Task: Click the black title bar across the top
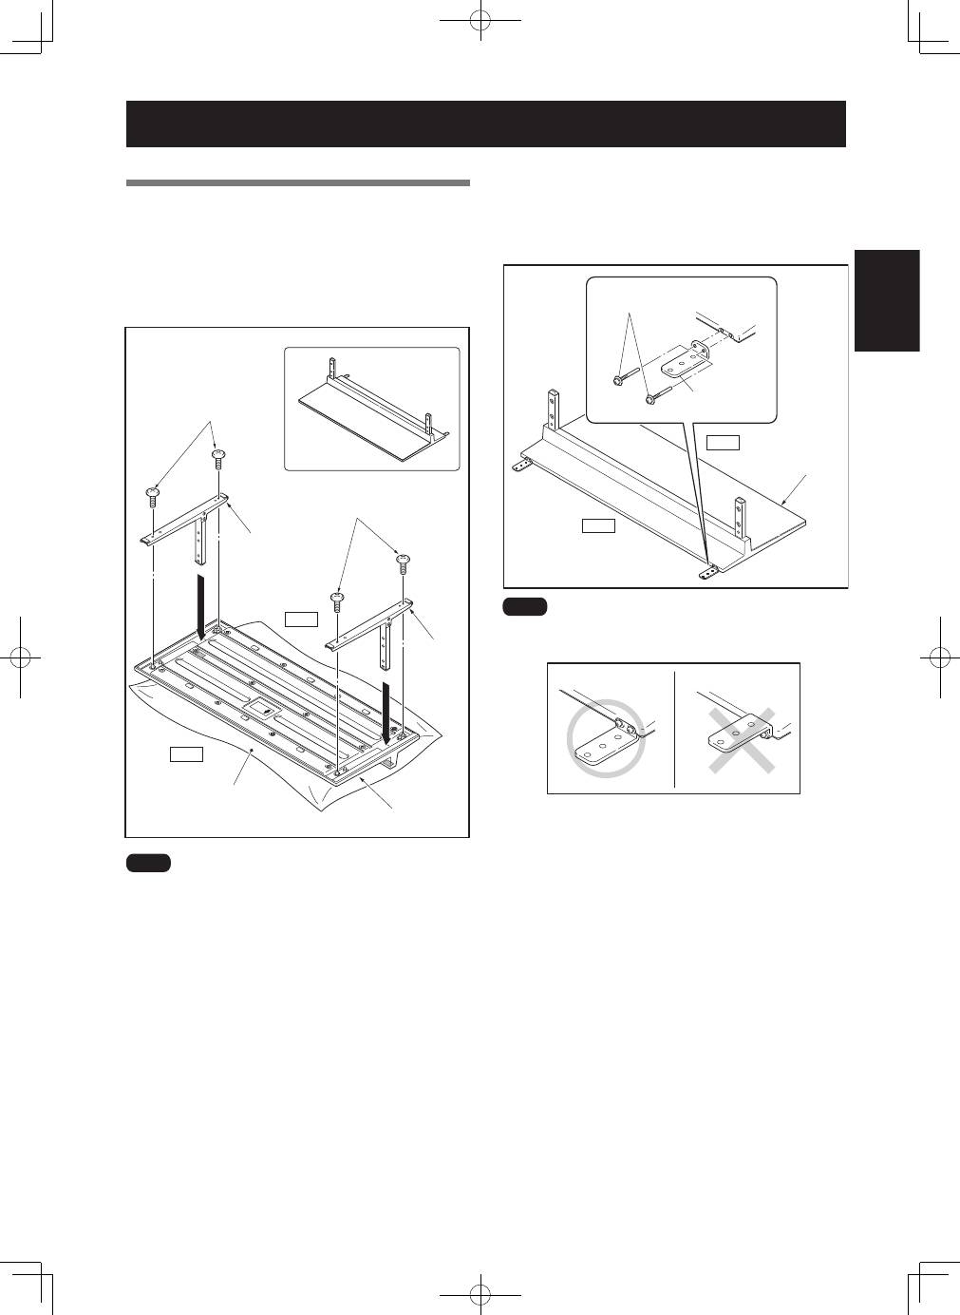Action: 485,124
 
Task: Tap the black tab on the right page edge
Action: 887,300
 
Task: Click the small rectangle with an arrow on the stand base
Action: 260,708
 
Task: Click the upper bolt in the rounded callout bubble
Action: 617,380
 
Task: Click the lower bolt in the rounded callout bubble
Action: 651,399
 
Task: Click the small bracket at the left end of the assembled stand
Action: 519,466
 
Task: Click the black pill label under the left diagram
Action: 148,863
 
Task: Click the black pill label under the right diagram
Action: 525,607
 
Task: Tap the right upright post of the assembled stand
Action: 737,518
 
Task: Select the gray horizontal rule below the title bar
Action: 298,182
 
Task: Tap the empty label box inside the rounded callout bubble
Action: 724,441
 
